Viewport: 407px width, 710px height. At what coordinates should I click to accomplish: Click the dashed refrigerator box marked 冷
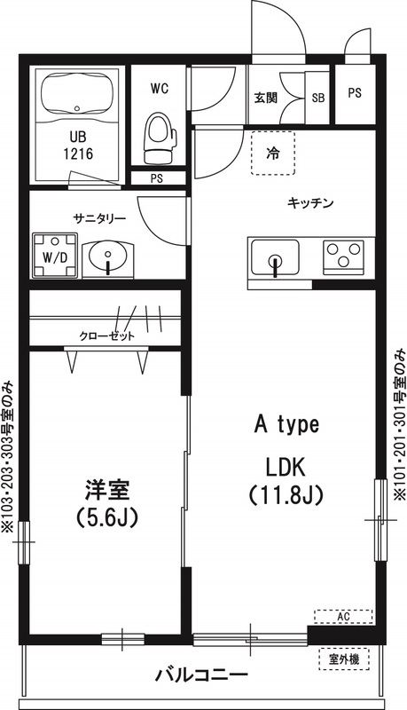coord(273,153)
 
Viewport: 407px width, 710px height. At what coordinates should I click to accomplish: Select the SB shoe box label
coord(317,99)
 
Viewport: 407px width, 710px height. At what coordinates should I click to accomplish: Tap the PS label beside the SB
coord(355,94)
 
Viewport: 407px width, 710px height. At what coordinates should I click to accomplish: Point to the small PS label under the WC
coord(157,178)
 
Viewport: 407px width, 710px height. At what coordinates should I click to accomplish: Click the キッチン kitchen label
coord(309,203)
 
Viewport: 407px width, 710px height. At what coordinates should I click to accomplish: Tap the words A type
coord(286,424)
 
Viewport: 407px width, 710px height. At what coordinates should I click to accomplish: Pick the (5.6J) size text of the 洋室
coord(106,516)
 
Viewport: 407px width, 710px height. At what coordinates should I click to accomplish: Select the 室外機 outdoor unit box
coord(343,659)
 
